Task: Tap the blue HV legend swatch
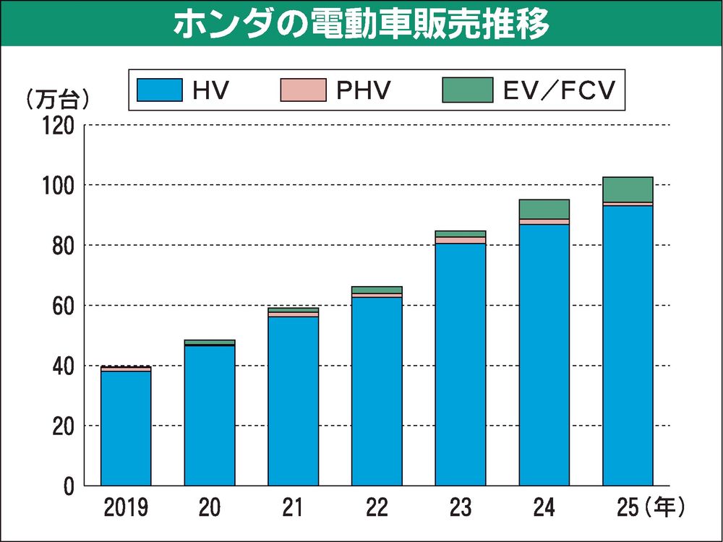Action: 161,90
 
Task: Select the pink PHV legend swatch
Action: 304,90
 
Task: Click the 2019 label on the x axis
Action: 126,509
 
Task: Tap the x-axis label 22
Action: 377,509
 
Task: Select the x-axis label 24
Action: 544,509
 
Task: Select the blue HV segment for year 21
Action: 293,401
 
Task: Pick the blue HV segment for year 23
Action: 461,365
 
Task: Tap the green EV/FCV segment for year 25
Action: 628,189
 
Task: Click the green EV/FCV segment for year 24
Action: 544,209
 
